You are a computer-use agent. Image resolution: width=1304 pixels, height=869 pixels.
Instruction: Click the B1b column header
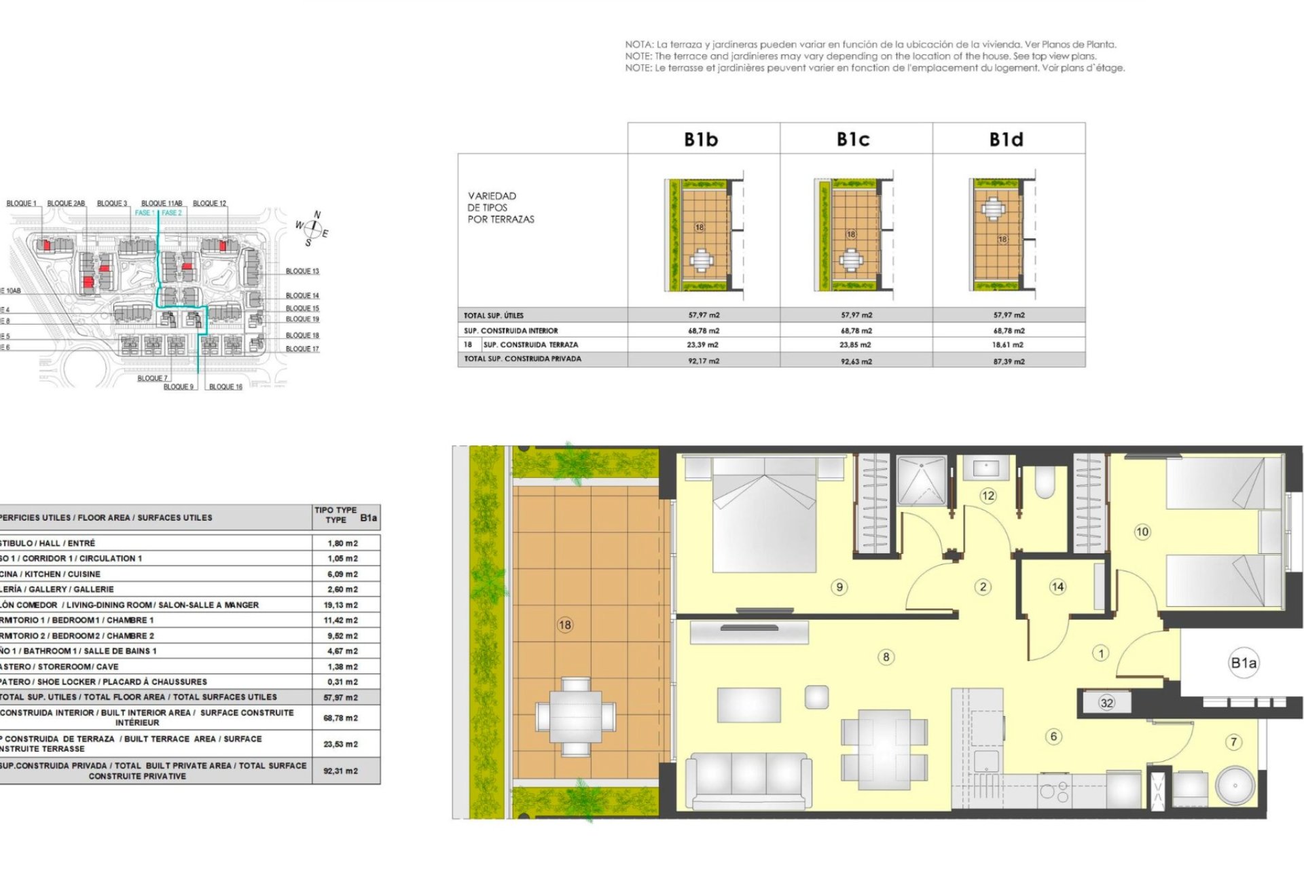pyautogui.click(x=701, y=139)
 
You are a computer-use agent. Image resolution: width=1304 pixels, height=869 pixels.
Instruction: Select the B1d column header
pyautogui.click(x=1006, y=139)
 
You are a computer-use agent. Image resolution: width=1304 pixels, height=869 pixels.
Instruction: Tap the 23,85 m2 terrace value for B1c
pyautogui.click(x=855, y=345)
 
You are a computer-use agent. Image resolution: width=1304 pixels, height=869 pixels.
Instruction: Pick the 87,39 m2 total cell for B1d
pyautogui.click(x=1009, y=361)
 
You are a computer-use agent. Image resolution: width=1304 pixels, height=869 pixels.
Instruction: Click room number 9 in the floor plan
pyautogui.click(x=839, y=587)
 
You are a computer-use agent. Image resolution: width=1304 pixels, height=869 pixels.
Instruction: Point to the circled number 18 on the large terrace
pyautogui.click(x=565, y=625)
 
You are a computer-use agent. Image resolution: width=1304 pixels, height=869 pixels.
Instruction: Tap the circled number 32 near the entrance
pyautogui.click(x=1106, y=703)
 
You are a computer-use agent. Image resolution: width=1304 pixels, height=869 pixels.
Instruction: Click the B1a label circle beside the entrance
pyautogui.click(x=1244, y=663)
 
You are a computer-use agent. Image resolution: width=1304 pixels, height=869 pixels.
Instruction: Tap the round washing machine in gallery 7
pyautogui.click(x=1235, y=785)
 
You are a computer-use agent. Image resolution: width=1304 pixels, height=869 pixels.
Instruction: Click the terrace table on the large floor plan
pyautogui.click(x=576, y=717)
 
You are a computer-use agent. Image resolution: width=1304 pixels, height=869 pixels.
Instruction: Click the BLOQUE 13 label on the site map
pyautogui.click(x=302, y=271)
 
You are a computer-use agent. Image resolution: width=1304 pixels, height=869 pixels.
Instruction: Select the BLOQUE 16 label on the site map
pyautogui.click(x=225, y=387)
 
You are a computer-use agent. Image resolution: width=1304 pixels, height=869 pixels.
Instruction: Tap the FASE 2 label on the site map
pyautogui.click(x=172, y=212)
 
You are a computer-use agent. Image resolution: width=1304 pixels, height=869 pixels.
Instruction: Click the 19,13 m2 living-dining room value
pyautogui.click(x=341, y=605)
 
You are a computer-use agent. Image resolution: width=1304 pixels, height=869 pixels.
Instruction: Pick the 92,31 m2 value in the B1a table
pyautogui.click(x=341, y=771)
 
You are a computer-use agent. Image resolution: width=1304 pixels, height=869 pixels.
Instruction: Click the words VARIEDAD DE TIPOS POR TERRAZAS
pyautogui.click(x=501, y=208)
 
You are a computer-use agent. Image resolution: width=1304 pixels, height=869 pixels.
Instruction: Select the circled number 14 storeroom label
pyautogui.click(x=1057, y=587)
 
